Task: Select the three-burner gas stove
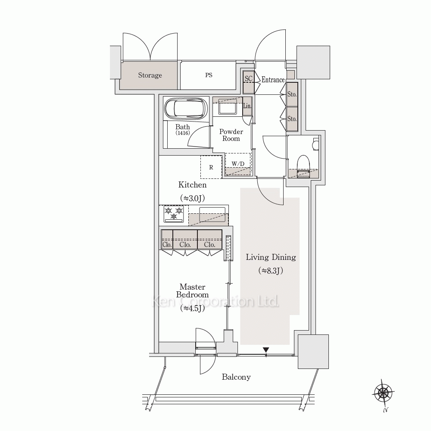173,214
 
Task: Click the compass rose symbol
384,393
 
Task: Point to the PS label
209,75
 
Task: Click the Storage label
150,75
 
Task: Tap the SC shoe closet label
249,78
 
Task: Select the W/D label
238,164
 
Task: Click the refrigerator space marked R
211,167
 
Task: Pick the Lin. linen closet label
247,106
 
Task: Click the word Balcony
236,377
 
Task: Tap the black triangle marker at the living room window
266,350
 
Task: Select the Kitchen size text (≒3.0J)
192,198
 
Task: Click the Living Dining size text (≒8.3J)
271,271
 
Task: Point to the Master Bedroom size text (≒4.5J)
192,309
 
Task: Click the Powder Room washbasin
228,106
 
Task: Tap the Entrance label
273,80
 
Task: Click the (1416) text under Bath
182,133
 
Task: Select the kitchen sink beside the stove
212,214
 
